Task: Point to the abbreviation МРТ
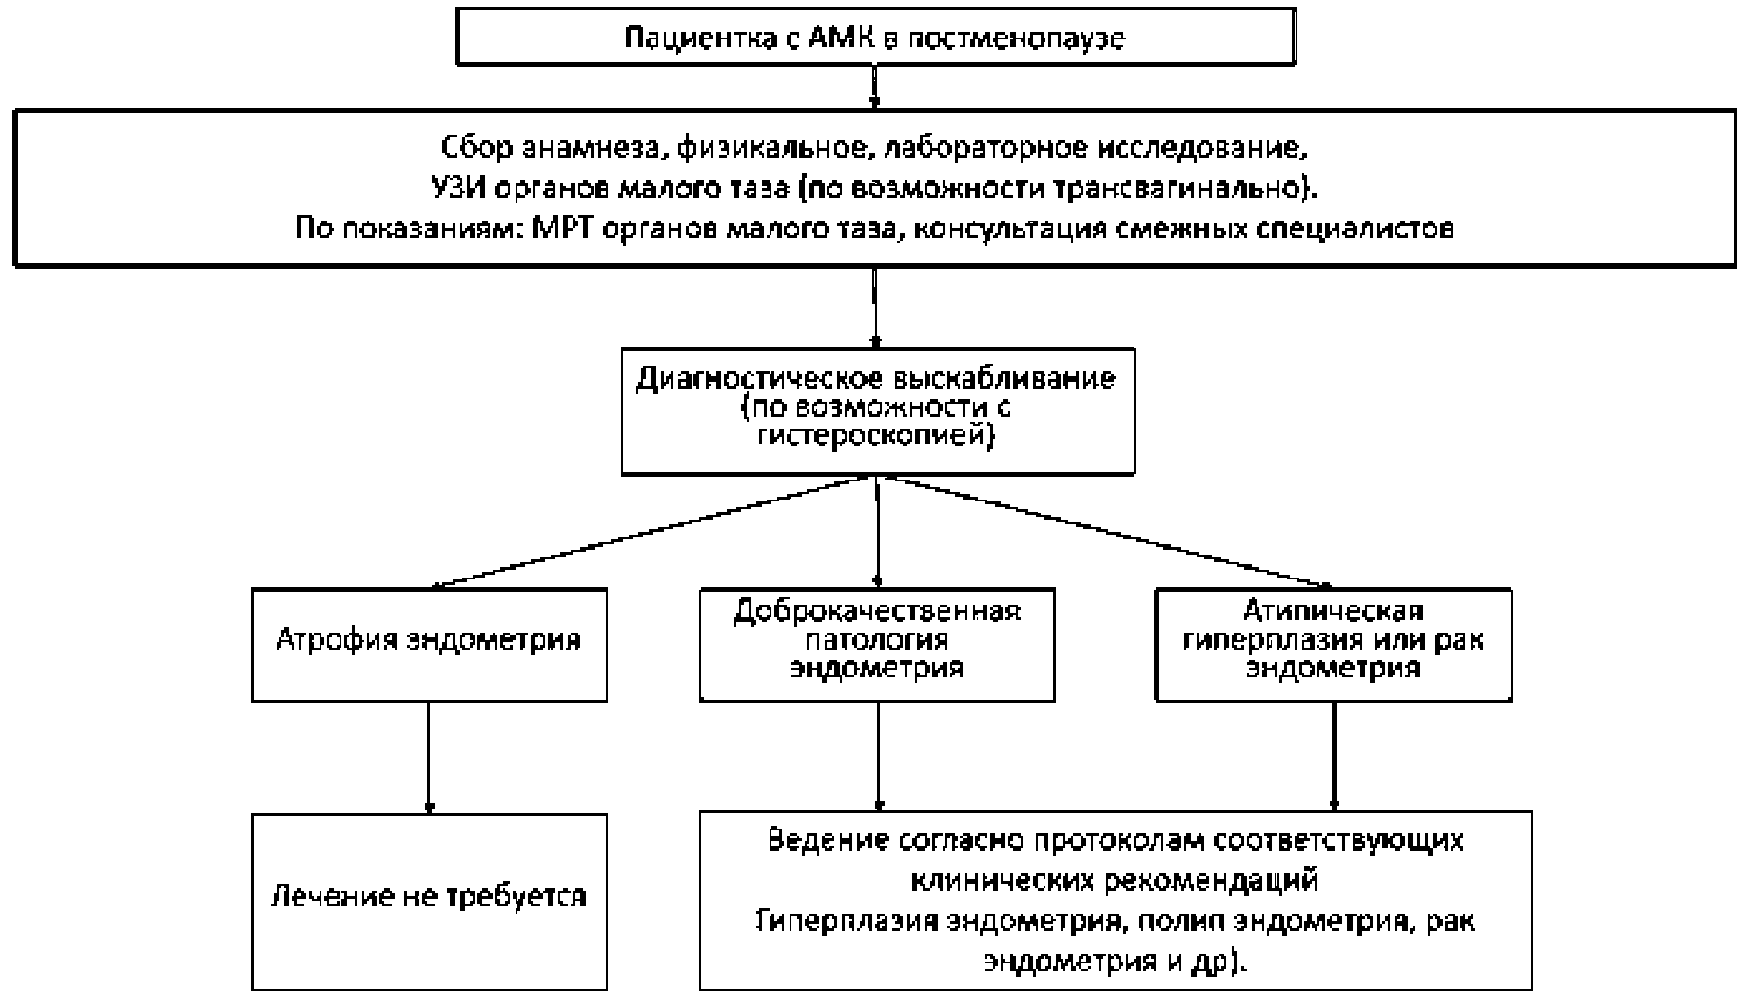567,228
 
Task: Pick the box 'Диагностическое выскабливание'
877,410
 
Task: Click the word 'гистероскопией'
875,435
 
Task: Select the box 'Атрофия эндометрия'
429,644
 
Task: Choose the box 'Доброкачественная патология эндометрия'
876,644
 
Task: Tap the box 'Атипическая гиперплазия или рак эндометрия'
1333,644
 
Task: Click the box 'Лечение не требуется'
429,900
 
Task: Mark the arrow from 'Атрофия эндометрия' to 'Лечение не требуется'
429,757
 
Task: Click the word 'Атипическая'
1333,610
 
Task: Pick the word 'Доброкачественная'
876,610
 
